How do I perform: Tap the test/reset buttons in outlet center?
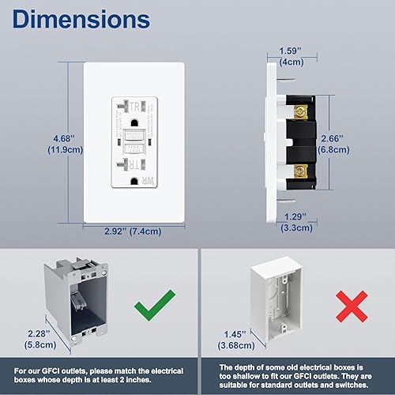pos(132,142)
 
